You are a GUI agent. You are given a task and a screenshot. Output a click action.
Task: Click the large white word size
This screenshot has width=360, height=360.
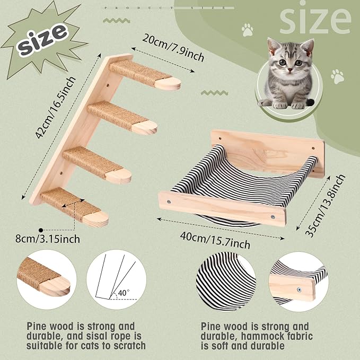click(x=315, y=21)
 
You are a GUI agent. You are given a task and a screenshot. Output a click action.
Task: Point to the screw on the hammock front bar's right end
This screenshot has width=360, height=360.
click(x=273, y=216)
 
